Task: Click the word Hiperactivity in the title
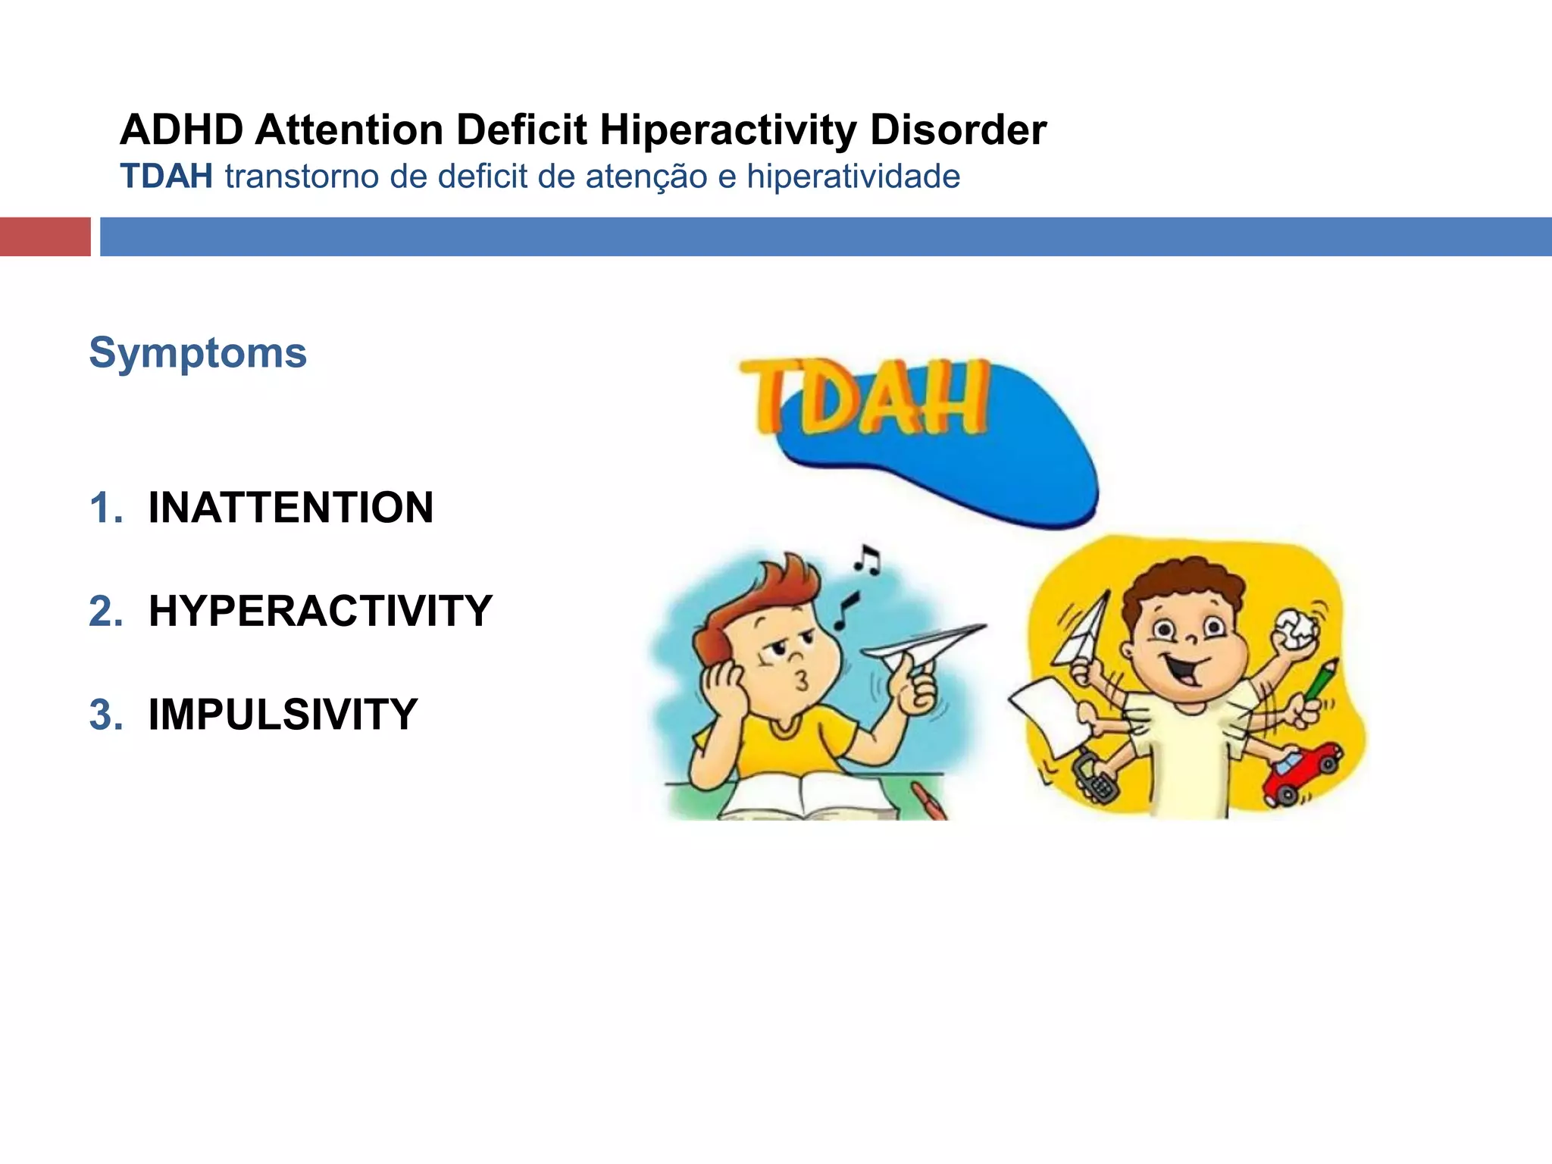click(727, 130)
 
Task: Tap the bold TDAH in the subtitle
click(166, 177)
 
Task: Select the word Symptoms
click(198, 353)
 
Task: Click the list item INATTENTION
click(291, 508)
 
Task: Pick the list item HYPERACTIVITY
click(321, 611)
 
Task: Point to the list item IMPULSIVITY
click(283, 715)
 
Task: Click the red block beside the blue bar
click(45, 236)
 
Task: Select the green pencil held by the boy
click(1322, 679)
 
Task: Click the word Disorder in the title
click(958, 130)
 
